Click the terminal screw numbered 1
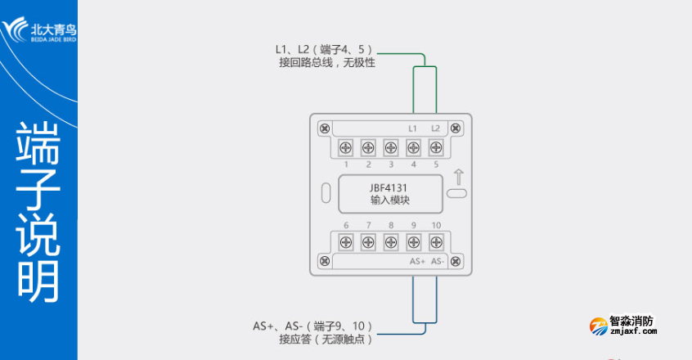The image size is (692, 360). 346,147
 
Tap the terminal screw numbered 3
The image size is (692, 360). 391,147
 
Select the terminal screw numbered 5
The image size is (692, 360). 436,147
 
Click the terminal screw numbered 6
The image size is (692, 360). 346,242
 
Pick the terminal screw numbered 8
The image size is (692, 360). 391,242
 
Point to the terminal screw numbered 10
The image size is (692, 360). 436,242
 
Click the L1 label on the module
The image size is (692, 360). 413,128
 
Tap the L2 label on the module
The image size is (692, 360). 436,128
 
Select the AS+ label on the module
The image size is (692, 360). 416,261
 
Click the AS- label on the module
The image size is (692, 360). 438,261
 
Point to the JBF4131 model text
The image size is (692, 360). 389,187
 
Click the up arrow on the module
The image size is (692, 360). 458,176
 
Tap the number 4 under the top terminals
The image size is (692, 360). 413,164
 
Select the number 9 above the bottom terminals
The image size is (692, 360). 413,225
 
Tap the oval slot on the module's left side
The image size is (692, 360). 325,194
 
